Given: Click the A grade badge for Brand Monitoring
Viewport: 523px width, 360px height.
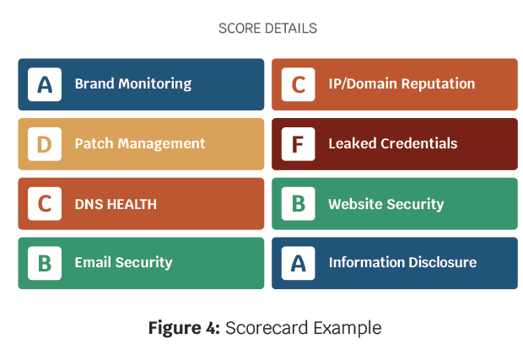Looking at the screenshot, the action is click(x=45, y=84).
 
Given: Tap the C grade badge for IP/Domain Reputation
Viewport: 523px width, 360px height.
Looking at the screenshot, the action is click(x=298, y=84).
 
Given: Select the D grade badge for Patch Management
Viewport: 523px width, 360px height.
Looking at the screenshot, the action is click(x=45, y=144).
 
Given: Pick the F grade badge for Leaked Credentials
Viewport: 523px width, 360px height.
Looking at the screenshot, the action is click(x=298, y=144).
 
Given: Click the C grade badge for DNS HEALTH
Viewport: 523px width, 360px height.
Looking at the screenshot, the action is click(x=45, y=204).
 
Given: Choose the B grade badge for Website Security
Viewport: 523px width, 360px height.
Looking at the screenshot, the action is click(x=298, y=204).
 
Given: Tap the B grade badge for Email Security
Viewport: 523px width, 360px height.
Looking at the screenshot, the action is click(x=45, y=263).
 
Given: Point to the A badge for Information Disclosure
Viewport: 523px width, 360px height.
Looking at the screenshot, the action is click(x=298, y=263).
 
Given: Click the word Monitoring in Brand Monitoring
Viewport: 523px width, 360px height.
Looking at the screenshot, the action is click(x=155, y=84).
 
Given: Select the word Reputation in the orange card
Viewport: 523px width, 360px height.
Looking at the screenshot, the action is click(x=438, y=83).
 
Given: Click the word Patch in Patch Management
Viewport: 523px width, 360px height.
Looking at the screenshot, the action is click(x=94, y=143).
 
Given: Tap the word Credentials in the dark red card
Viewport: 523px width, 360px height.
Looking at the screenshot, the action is click(x=419, y=143).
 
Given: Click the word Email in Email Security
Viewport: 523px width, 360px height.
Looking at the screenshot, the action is click(x=93, y=262).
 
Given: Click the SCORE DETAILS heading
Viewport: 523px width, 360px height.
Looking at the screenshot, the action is click(x=268, y=29).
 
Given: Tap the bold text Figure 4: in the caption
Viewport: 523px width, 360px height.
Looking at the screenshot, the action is click(x=184, y=328).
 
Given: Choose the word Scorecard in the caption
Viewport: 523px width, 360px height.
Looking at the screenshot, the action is click(x=267, y=328).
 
